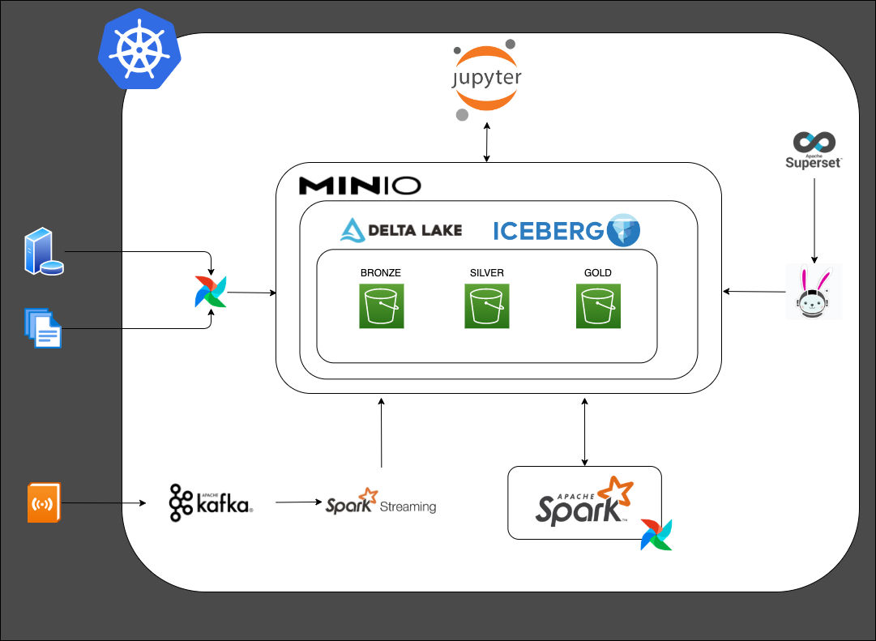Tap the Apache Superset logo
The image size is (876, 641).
(814, 151)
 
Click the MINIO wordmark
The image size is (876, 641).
(360, 186)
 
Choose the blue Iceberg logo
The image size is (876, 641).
(566, 231)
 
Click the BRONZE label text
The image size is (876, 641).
(381, 273)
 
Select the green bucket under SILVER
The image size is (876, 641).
(487, 306)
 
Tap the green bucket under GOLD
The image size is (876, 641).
(598, 306)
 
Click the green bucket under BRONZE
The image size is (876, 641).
(381, 306)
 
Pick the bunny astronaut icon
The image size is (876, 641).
(814, 292)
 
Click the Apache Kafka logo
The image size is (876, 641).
(211, 503)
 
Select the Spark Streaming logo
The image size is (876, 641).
(381, 503)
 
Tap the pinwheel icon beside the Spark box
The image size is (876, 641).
(656, 535)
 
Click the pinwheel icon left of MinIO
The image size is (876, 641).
(211, 293)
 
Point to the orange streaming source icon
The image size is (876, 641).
(44, 502)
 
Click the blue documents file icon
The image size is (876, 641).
(43, 327)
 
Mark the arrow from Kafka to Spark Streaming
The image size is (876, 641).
(297, 502)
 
